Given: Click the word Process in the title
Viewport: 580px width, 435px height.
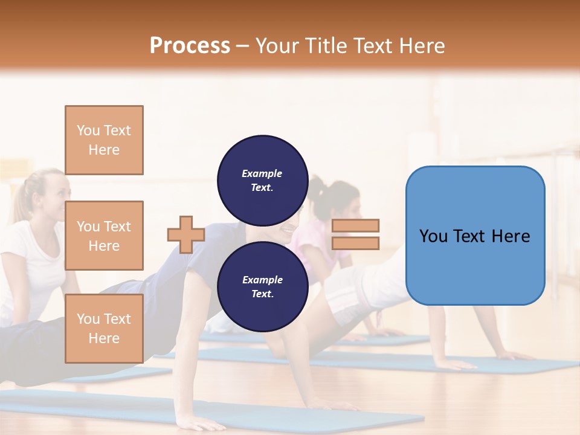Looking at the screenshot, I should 190,46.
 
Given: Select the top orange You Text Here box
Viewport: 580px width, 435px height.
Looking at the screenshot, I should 104,140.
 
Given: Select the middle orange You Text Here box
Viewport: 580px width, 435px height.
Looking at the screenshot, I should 104,236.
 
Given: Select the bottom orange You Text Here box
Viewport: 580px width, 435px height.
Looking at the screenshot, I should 104,329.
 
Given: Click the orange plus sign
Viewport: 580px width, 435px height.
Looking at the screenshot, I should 186,234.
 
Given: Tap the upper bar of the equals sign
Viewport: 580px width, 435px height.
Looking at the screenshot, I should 355,225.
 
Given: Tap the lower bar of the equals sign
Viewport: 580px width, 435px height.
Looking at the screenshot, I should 355,243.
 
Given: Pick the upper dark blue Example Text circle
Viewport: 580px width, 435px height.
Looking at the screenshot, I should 262,180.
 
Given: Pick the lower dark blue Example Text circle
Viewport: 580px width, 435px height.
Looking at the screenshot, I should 262,286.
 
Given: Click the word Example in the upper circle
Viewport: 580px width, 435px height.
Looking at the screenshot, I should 262,173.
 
